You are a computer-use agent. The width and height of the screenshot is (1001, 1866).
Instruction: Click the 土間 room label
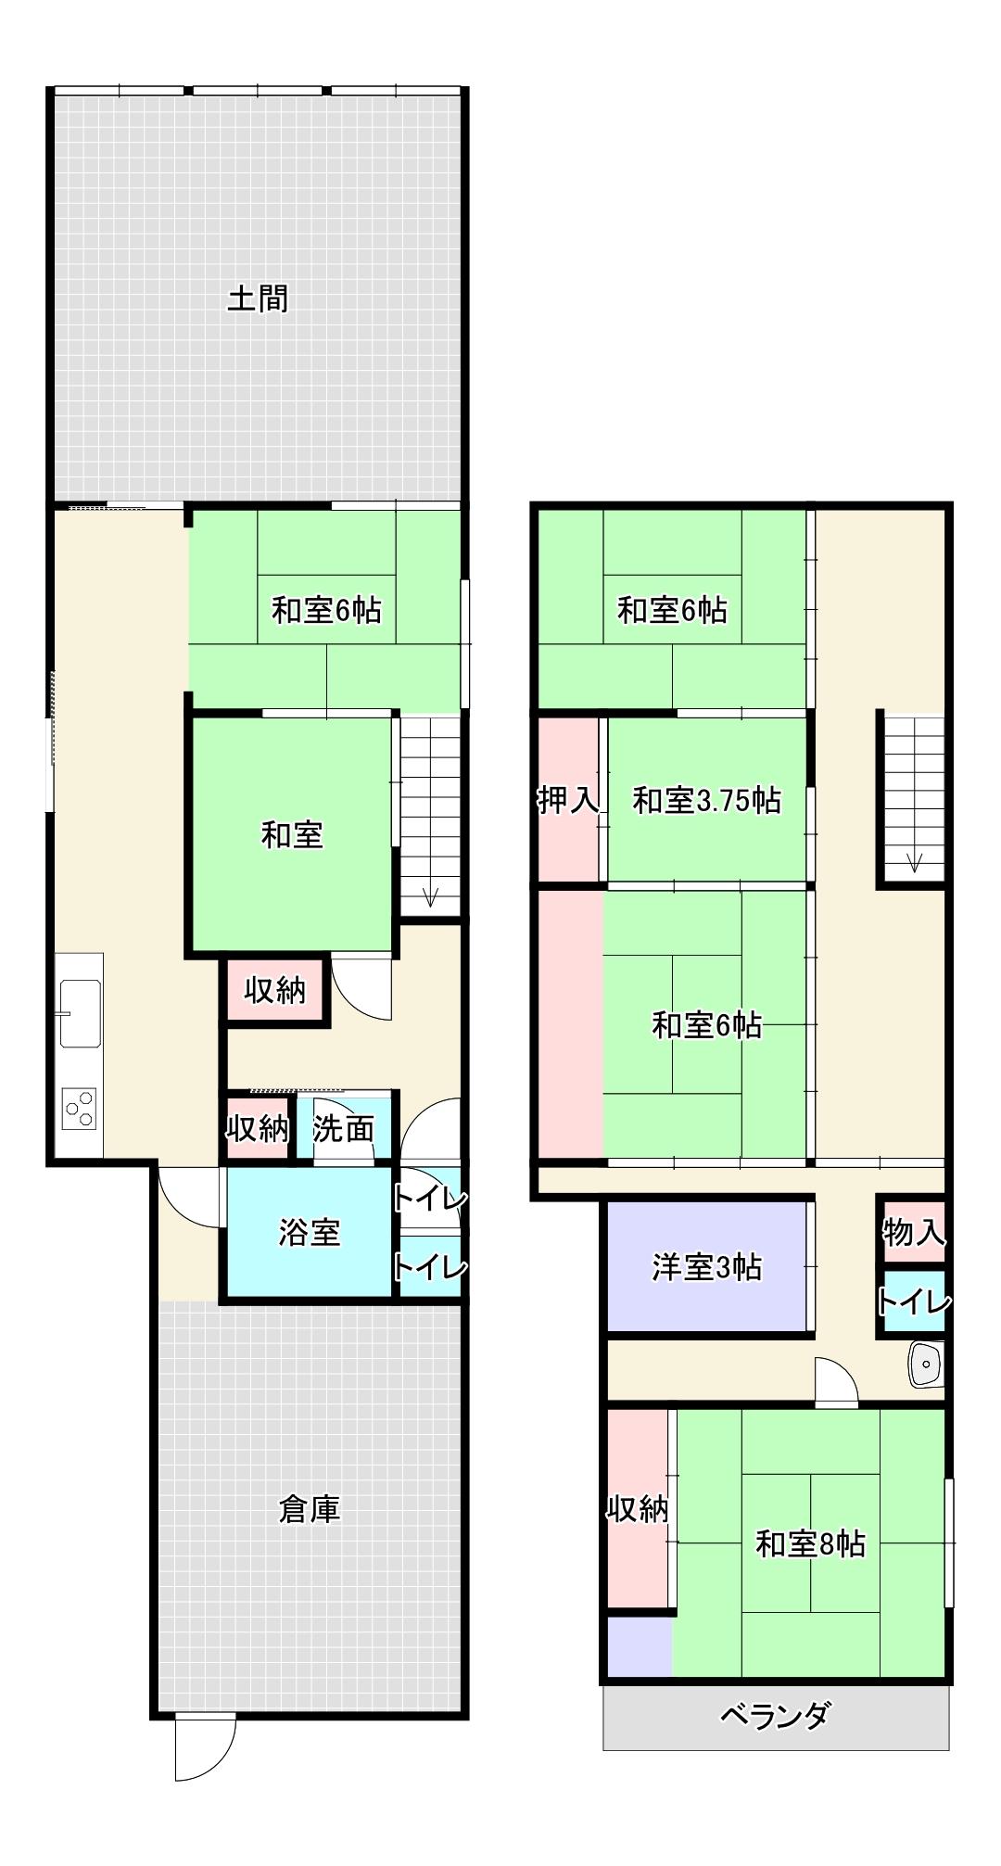point(258,298)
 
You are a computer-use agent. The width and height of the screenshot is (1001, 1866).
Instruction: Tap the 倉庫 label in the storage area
point(310,1509)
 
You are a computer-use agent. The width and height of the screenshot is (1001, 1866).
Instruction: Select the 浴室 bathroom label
point(310,1232)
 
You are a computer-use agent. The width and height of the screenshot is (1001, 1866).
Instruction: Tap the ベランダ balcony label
point(775,1716)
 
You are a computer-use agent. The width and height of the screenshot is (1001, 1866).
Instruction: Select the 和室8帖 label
point(811,1543)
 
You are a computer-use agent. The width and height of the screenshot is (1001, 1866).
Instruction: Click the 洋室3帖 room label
point(707,1266)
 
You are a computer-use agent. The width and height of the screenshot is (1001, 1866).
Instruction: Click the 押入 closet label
point(568,799)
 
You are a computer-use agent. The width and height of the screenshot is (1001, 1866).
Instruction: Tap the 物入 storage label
point(914,1232)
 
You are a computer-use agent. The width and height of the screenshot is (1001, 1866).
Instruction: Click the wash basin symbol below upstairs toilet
point(925,1364)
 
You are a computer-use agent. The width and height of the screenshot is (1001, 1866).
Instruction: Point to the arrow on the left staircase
point(430,895)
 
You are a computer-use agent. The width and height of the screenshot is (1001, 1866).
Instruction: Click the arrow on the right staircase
point(914,861)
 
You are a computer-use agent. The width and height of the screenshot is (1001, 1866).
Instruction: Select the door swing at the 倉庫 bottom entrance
point(204,1748)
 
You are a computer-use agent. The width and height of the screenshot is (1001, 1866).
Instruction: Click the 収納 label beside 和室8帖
point(638,1509)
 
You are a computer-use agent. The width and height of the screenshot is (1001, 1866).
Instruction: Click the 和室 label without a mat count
point(292,834)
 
